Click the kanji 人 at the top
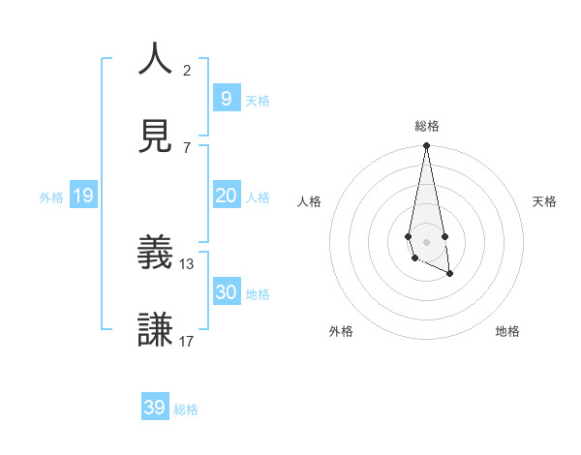tap(155, 59)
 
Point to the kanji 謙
tap(155, 329)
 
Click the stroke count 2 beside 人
tap(187, 71)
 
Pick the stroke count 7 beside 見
tap(187, 147)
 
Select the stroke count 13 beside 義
tap(187, 263)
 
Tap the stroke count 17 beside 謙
tap(187, 341)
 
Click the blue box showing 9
tap(226, 99)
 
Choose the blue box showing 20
tap(226, 196)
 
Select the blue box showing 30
tap(226, 292)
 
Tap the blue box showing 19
tap(82, 196)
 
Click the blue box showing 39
tap(154, 408)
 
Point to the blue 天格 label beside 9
tap(258, 101)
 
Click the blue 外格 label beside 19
tap(51, 197)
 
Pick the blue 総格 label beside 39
tap(186, 409)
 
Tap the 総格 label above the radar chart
tap(426, 126)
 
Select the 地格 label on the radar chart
tap(507, 332)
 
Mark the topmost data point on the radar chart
tap(426, 146)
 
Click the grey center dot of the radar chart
tap(426, 241)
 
